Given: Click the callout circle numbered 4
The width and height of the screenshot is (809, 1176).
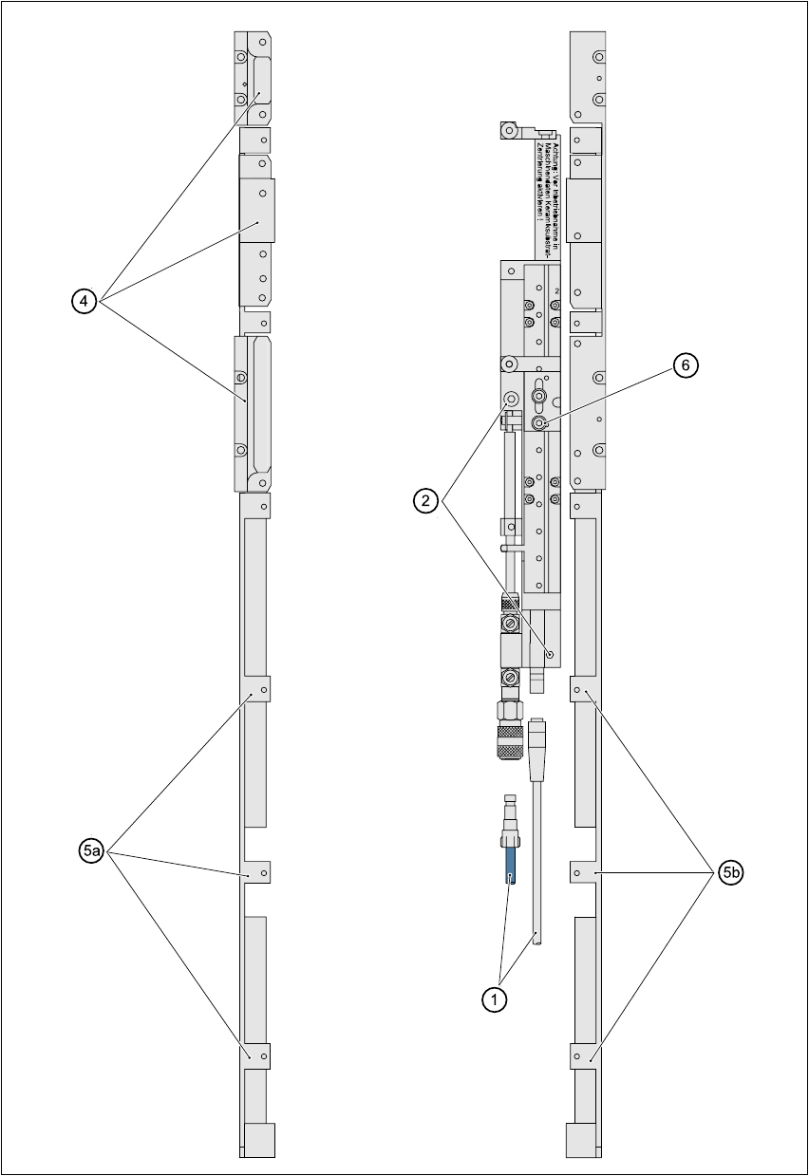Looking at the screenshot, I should click(85, 301).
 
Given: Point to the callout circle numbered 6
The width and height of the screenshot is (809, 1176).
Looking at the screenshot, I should click(685, 365).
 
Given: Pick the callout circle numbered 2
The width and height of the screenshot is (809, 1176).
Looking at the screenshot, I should click(426, 502).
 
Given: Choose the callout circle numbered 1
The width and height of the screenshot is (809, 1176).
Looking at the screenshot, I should click(493, 999).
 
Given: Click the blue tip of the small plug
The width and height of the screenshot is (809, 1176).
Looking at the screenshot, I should click(511, 864).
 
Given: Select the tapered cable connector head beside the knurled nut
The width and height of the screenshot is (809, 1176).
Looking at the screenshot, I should click(538, 736).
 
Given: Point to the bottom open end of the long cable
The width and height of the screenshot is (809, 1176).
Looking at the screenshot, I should click(537, 939).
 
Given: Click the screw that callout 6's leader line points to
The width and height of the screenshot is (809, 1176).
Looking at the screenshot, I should click(539, 422).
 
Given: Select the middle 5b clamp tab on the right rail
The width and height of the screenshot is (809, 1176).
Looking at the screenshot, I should click(582, 871).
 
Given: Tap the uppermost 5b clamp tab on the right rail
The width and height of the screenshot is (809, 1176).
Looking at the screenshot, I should click(582, 688).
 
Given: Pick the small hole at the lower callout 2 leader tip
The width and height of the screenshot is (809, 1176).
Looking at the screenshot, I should click(550, 654).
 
